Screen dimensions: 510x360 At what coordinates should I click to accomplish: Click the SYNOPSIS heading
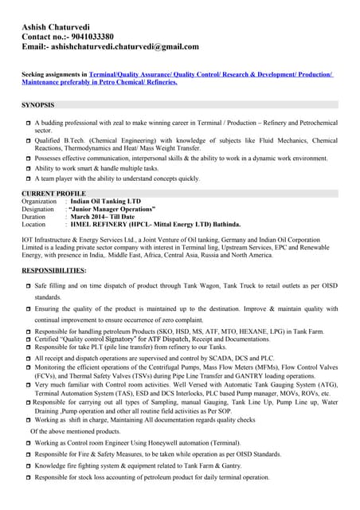tap(38, 104)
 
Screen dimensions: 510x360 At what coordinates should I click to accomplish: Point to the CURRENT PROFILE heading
tap(53, 194)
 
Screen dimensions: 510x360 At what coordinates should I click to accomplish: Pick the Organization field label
tap(39, 202)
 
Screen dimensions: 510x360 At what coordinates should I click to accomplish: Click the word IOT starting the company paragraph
tap(27, 239)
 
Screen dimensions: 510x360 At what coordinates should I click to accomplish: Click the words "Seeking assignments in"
tap(55, 73)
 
